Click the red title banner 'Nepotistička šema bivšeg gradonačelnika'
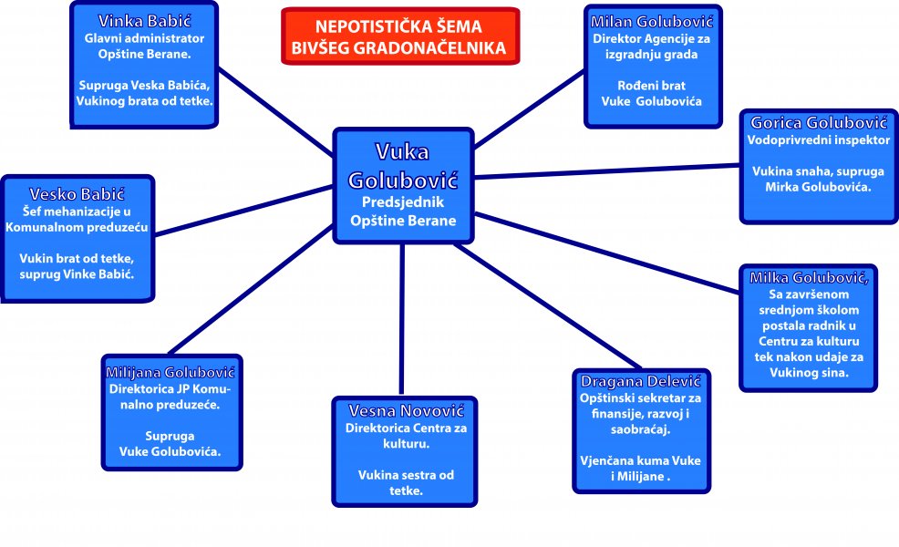(x=399, y=37)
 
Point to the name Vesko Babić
(x=77, y=194)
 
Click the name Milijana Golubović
(x=171, y=372)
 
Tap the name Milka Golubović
(x=809, y=277)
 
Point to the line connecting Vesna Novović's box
(x=401, y=319)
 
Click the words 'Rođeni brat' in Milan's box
(x=651, y=86)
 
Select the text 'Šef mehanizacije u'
(x=77, y=212)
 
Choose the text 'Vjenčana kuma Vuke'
(x=641, y=460)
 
